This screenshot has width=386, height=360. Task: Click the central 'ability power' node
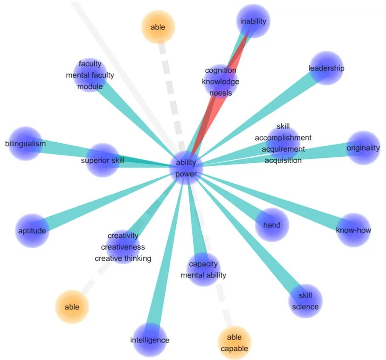186,168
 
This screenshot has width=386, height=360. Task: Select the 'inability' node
253,21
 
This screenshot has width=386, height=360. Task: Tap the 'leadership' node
326,68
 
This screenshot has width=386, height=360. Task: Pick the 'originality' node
363,148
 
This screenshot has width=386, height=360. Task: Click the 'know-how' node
353,230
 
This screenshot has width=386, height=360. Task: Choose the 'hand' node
272,225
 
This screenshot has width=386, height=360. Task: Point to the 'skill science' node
305,301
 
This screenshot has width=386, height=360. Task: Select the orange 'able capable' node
234,343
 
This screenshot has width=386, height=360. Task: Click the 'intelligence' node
149,340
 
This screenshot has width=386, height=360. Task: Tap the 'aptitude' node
32,231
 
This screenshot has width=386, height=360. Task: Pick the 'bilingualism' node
25,144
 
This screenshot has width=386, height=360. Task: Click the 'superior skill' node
103,160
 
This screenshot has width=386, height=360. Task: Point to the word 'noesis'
220,92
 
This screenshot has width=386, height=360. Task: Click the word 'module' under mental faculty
90,87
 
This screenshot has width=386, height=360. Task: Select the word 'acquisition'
283,160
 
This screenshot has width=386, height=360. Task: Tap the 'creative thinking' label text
123,258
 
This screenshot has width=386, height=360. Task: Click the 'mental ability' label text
203,275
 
